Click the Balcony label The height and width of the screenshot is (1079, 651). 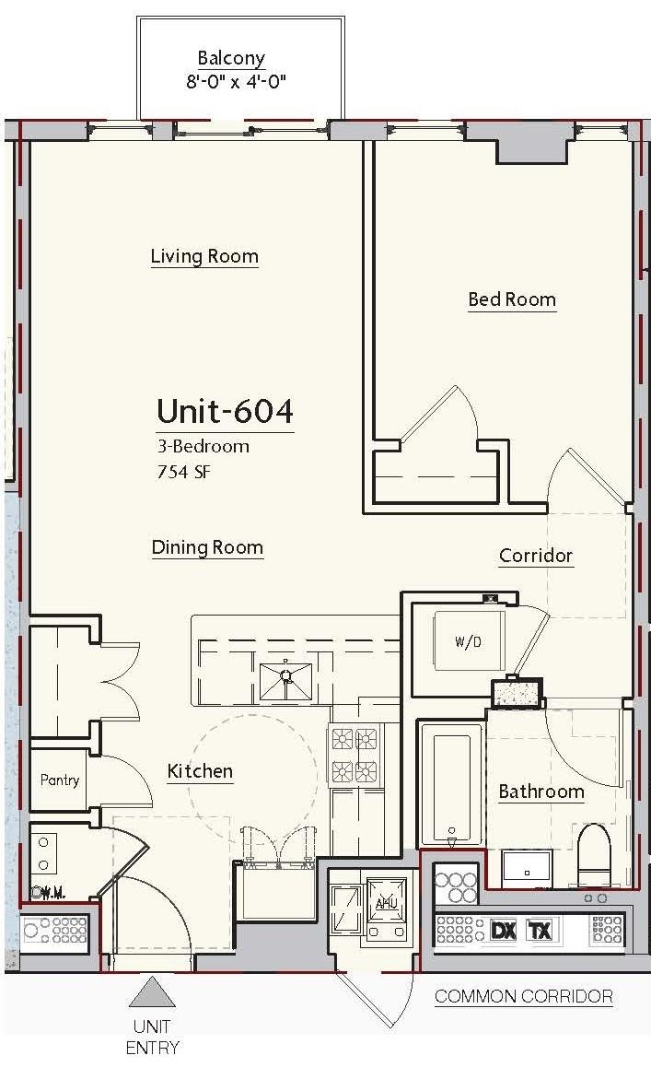tap(231, 58)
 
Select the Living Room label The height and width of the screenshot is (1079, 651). tap(204, 257)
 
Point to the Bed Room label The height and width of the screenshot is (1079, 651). tap(512, 299)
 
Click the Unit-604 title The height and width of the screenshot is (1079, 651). tap(226, 411)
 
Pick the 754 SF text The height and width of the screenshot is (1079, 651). tap(182, 472)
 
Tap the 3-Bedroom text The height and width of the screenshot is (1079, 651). tap(203, 446)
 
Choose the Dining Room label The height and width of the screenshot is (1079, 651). tap(207, 547)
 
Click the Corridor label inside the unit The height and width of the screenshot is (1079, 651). tap(536, 556)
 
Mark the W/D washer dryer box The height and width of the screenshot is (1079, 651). tap(468, 641)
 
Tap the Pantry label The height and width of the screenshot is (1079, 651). tap(59, 780)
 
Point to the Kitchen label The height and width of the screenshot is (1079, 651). tap(200, 770)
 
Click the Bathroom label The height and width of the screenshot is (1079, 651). tap(541, 792)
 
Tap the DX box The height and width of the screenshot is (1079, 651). tap(504, 931)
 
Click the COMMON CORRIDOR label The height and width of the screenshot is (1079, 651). tap(524, 996)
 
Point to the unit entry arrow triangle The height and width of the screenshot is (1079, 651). tap(152, 993)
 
